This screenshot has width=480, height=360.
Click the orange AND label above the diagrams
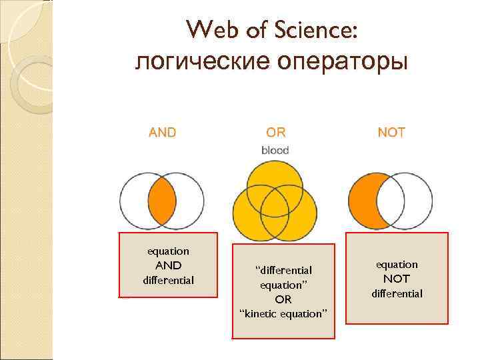tap(163, 132)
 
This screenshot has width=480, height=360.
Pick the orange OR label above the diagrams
tap(275, 132)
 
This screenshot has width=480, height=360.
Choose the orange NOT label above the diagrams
tap(391, 132)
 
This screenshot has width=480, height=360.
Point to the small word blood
tap(275, 151)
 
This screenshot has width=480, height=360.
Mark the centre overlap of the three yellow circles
tap(274, 201)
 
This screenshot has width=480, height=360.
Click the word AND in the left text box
tap(168, 265)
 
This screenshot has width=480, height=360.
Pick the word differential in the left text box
tap(168, 280)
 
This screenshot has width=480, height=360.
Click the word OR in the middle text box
tap(283, 299)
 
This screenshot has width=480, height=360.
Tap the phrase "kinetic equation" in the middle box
tap(283, 313)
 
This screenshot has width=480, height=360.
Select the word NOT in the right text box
tap(397, 279)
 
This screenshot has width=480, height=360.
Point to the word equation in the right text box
tap(397, 265)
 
